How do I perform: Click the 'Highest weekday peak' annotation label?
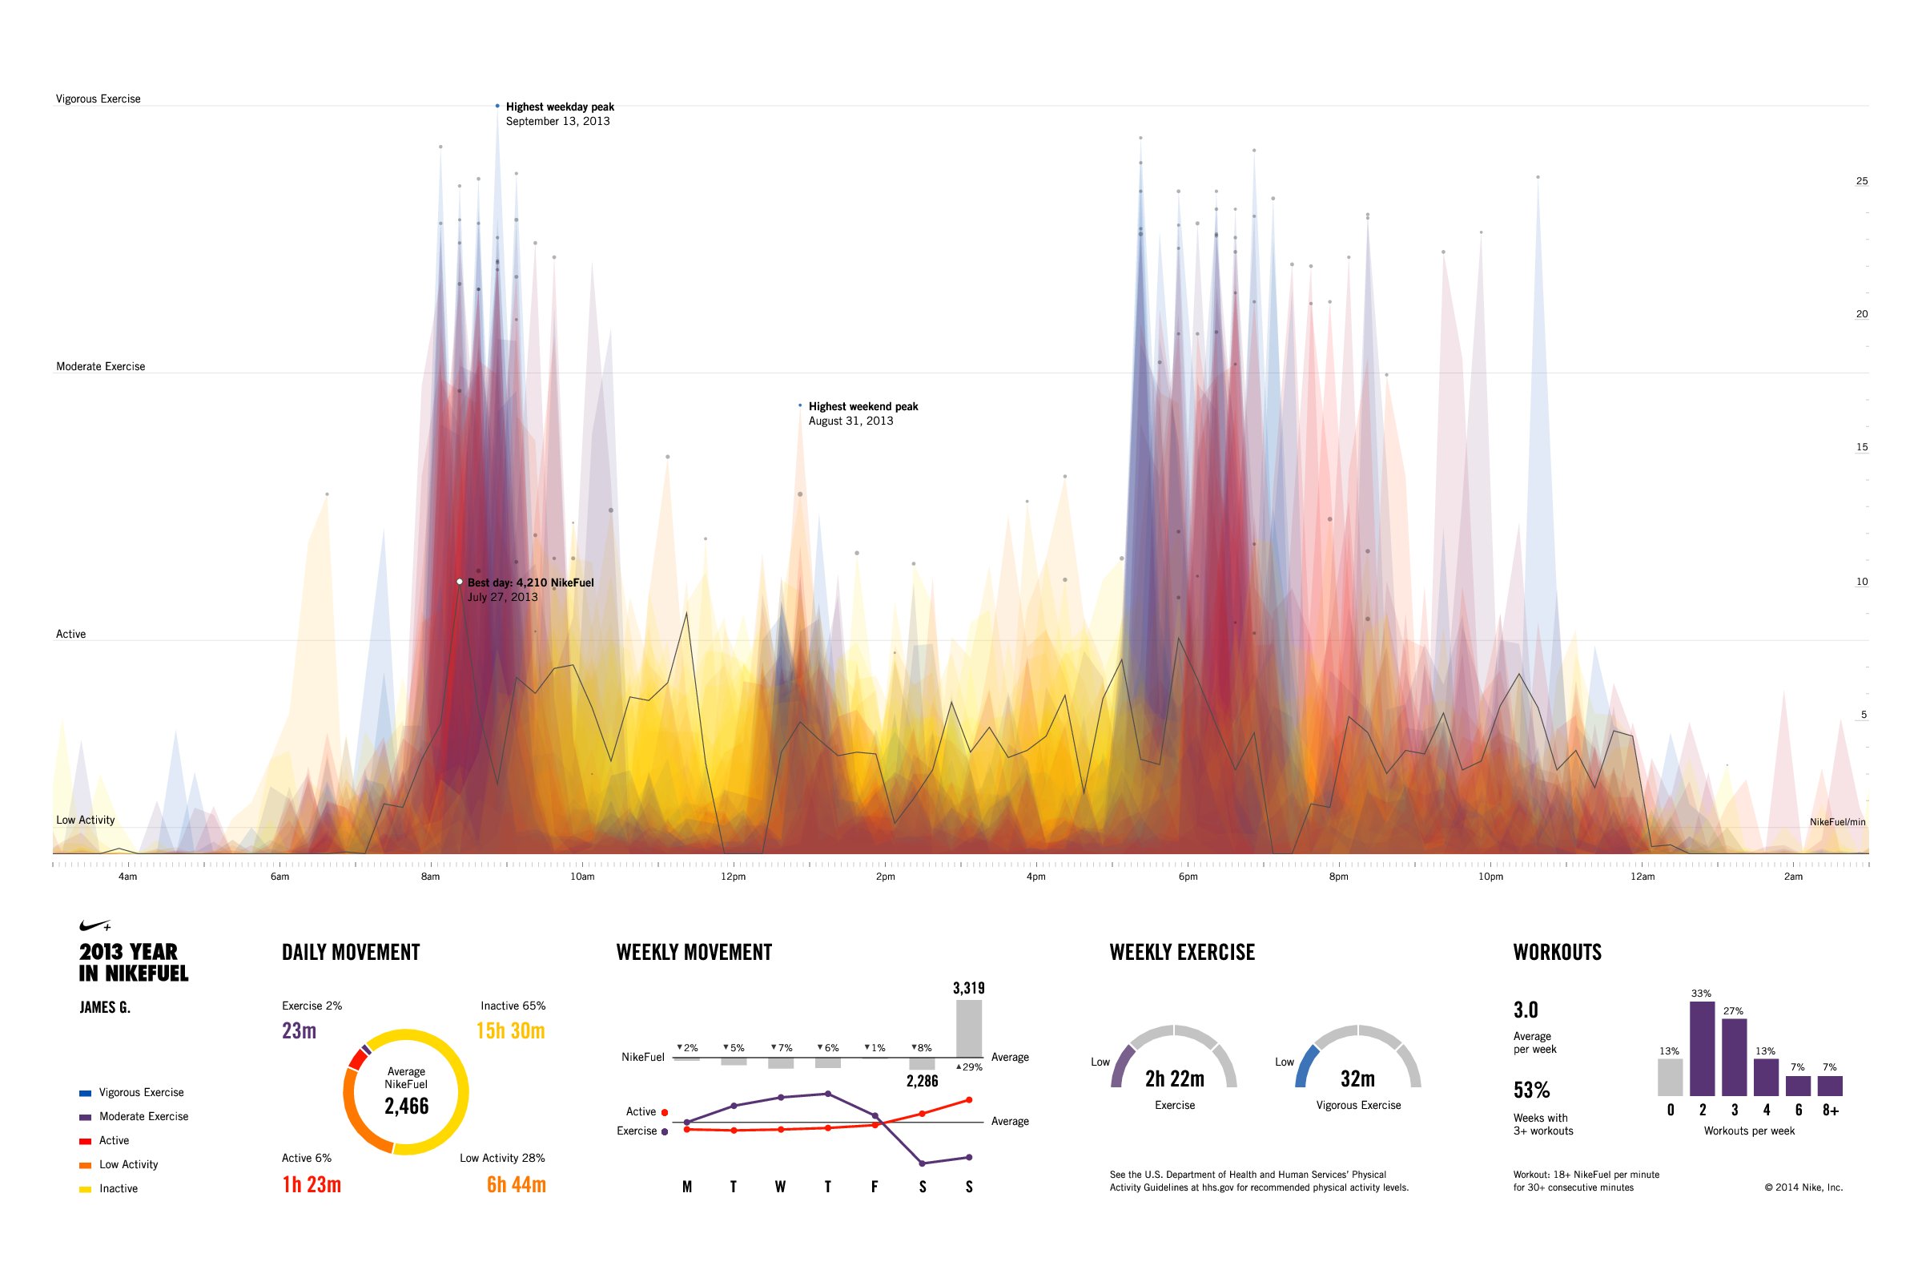click(560, 107)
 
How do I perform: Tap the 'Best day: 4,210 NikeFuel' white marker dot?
click(460, 582)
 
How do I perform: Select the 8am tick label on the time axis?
click(431, 877)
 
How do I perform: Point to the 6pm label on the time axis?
click(1188, 877)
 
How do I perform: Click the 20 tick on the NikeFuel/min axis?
click(1861, 314)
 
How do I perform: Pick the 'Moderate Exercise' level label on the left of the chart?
click(101, 366)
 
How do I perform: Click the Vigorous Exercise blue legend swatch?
click(85, 1093)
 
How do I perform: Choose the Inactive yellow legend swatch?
click(85, 1189)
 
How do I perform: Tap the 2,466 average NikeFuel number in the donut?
click(406, 1107)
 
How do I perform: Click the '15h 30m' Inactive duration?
click(511, 1030)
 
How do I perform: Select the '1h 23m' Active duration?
click(312, 1185)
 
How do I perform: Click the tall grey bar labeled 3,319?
click(969, 1029)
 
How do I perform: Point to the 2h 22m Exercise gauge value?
click(1174, 1079)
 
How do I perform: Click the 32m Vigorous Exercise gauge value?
click(1357, 1079)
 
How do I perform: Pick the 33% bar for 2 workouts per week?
click(1703, 1049)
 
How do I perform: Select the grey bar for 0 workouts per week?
click(1671, 1078)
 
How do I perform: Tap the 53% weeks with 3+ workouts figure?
click(1531, 1090)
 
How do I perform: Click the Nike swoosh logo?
click(94, 925)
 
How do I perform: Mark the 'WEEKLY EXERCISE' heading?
click(1182, 953)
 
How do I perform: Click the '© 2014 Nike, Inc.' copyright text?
click(1803, 1187)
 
